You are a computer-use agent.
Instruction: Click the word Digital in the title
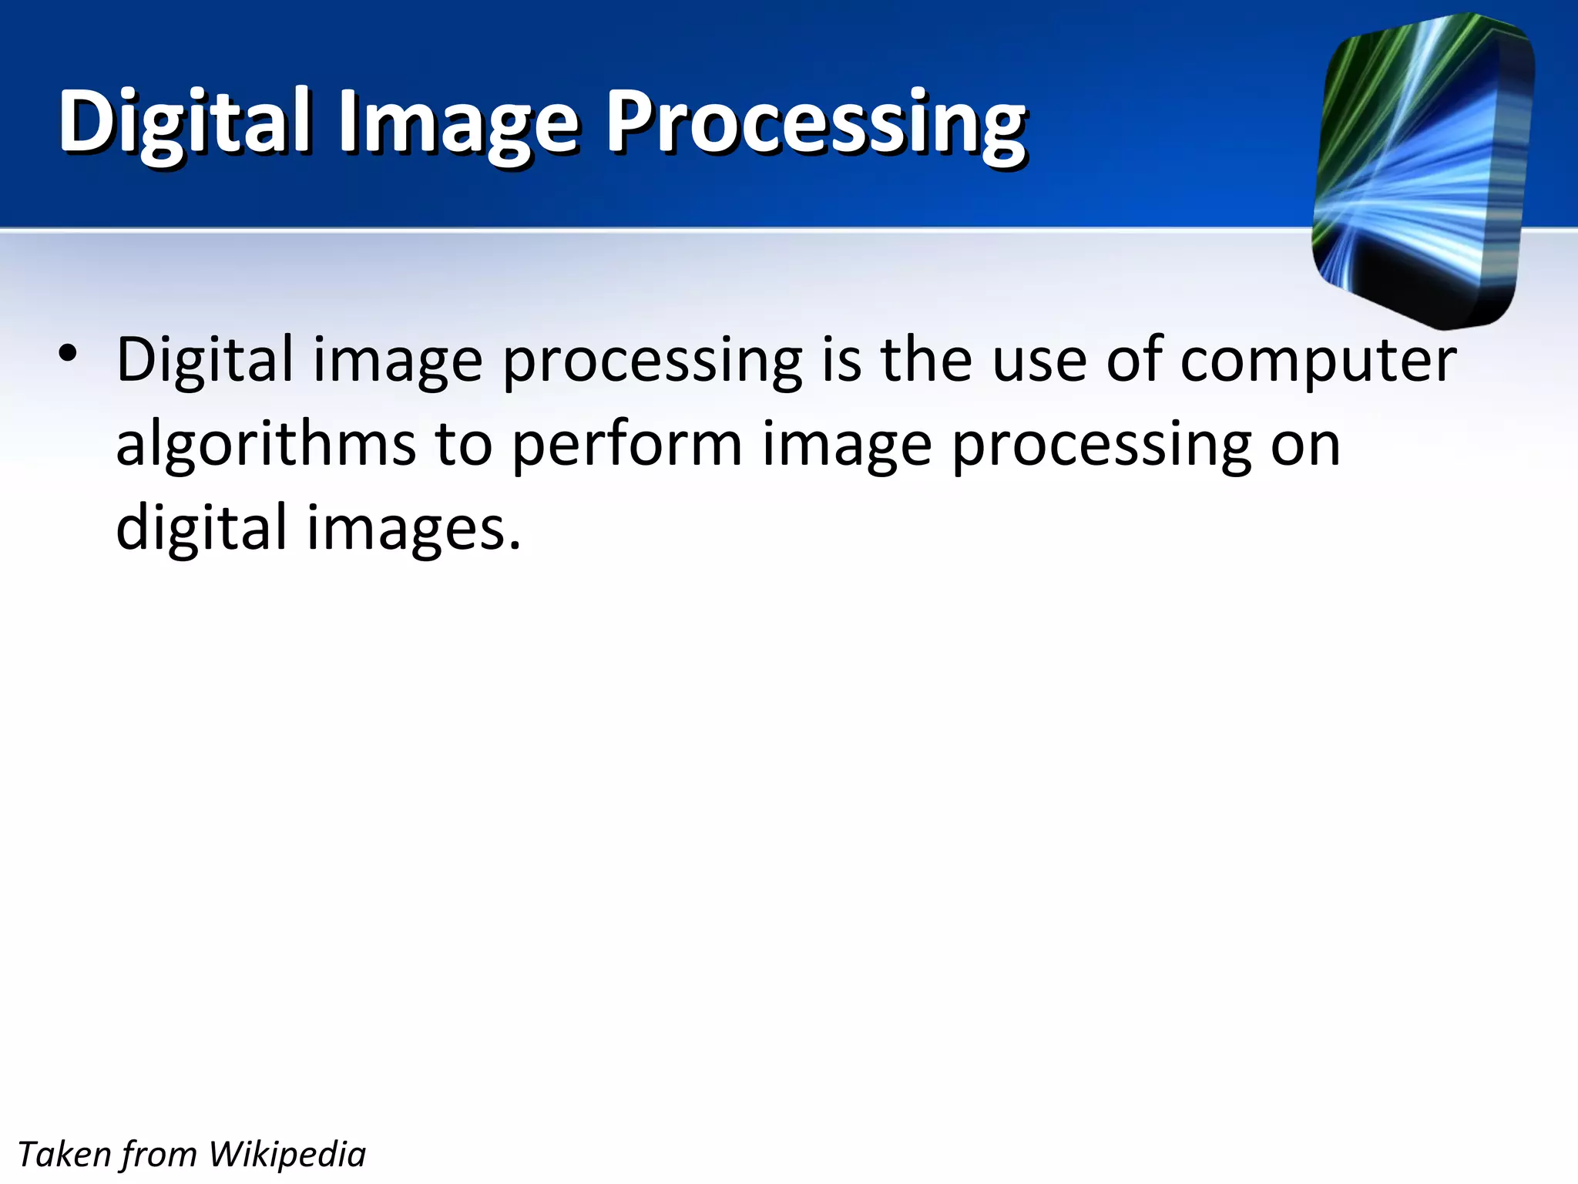pyautogui.click(x=185, y=122)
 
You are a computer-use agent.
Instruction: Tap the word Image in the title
pyautogui.click(x=458, y=123)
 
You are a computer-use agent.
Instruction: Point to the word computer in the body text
pyautogui.click(x=1318, y=361)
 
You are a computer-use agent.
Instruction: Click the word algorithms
pyautogui.click(x=266, y=446)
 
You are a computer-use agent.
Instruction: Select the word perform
pyautogui.click(x=626, y=446)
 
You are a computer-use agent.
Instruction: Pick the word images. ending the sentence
pyautogui.click(x=415, y=529)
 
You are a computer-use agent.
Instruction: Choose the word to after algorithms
pyautogui.click(x=463, y=446)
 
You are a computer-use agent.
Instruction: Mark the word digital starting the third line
pyautogui.click(x=201, y=529)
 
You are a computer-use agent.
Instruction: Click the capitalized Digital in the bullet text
pyautogui.click(x=204, y=361)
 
